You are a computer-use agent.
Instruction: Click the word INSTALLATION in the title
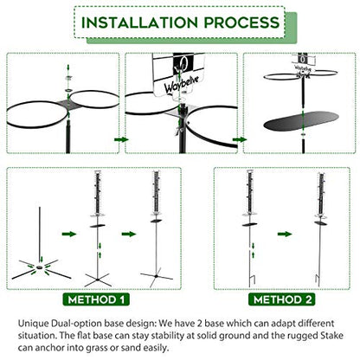tap(139, 22)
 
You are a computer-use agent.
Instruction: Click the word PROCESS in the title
tap(241, 22)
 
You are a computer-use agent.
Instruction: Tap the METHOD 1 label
tap(96, 299)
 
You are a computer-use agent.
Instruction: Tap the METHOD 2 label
tap(282, 299)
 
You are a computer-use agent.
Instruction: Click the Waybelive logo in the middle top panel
tap(181, 84)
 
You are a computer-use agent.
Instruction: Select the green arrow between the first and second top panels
tap(121, 139)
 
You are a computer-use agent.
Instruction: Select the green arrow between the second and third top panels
tap(240, 139)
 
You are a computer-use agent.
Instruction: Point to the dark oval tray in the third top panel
tap(301, 121)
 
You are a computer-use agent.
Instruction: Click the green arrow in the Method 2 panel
tap(285, 234)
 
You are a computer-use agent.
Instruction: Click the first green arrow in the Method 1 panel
tap(69, 234)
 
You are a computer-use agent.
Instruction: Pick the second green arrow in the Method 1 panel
tap(129, 234)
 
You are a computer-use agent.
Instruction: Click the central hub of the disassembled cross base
tap(40, 267)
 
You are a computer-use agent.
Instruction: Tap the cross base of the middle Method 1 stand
tap(98, 280)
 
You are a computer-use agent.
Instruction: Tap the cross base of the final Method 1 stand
tap(156, 276)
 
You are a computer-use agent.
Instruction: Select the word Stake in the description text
tap(331, 336)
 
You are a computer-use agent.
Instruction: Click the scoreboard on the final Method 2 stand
tap(321, 194)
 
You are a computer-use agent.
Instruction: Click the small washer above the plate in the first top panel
tap(68, 78)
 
